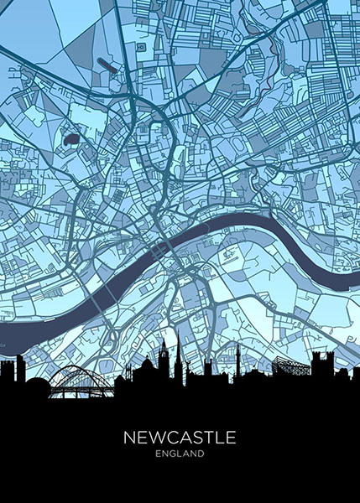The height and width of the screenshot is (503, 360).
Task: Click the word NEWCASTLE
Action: (180, 438)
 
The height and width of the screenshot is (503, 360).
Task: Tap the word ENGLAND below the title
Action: (180, 455)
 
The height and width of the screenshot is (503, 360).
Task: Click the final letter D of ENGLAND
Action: (201, 455)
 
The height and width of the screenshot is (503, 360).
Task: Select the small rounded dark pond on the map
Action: (71, 137)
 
